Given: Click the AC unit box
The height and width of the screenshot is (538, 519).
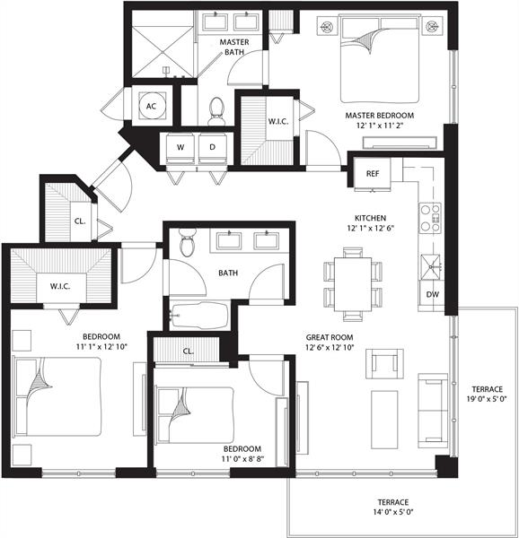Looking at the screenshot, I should (151, 105).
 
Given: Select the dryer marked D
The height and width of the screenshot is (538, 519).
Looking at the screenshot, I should (213, 147).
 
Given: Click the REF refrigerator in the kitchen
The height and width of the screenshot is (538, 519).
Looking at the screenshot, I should (372, 173).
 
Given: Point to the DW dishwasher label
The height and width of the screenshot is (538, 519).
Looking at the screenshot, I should (431, 294).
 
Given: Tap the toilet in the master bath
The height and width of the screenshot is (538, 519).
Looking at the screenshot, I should (216, 109).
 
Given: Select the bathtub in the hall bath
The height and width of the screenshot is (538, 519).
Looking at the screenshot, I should (199, 316).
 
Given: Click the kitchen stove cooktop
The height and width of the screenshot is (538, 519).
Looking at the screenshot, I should (431, 215).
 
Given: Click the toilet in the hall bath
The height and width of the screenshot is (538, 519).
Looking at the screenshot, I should (187, 242).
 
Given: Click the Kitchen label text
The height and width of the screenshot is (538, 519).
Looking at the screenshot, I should (369, 218).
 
